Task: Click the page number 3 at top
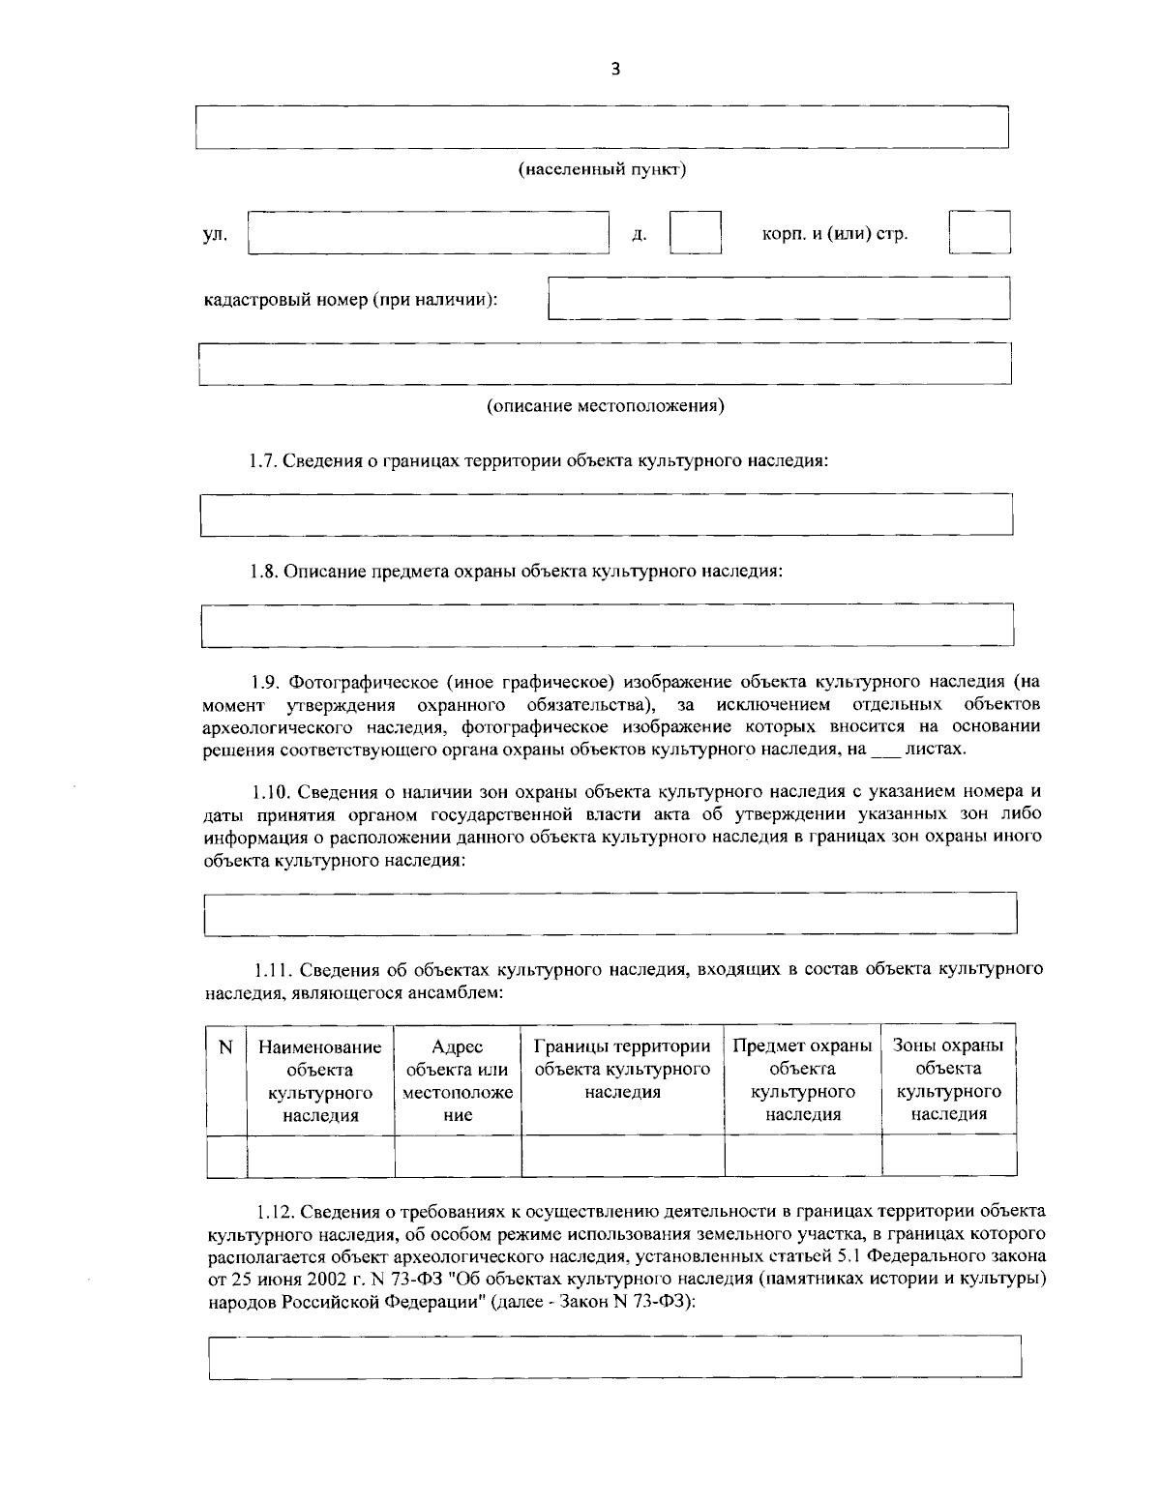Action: [615, 68]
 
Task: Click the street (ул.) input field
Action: [429, 233]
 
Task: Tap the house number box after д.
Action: [696, 233]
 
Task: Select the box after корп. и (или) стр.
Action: [979, 233]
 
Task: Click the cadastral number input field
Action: [779, 298]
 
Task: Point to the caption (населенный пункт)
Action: [604, 170]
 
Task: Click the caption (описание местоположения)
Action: [605, 405]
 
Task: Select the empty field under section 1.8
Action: [607, 624]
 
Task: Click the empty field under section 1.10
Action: [610, 913]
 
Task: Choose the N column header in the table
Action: [226, 1046]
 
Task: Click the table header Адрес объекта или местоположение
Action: [458, 1080]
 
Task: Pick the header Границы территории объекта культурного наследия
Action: [623, 1069]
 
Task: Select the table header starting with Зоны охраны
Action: [948, 1079]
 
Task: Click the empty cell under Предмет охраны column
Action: [803, 1156]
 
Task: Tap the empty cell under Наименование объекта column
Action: [320, 1156]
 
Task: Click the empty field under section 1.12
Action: [615, 1356]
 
